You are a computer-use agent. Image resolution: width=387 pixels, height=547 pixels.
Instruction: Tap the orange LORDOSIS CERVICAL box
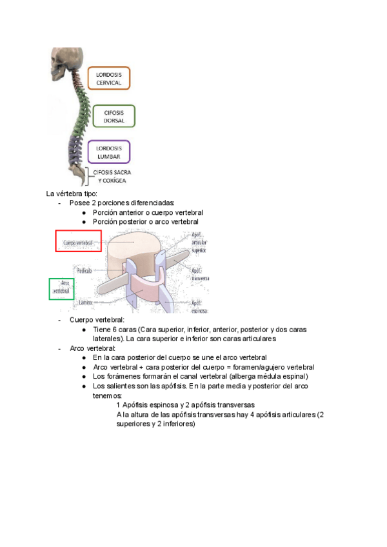(x=108, y=78)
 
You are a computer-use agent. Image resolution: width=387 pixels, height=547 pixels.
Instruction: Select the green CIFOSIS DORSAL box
(x=114, y=116)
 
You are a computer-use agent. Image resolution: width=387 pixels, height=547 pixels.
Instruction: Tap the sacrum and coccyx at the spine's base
(x=78, y=173)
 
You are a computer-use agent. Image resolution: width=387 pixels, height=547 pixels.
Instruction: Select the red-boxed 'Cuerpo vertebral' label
(x=78, y=243)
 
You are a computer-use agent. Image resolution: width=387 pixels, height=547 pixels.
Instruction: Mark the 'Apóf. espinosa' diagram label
(x=200, y=306)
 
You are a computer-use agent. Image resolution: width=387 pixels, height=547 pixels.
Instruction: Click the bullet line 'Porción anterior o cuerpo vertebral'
(x=148, y=212)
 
